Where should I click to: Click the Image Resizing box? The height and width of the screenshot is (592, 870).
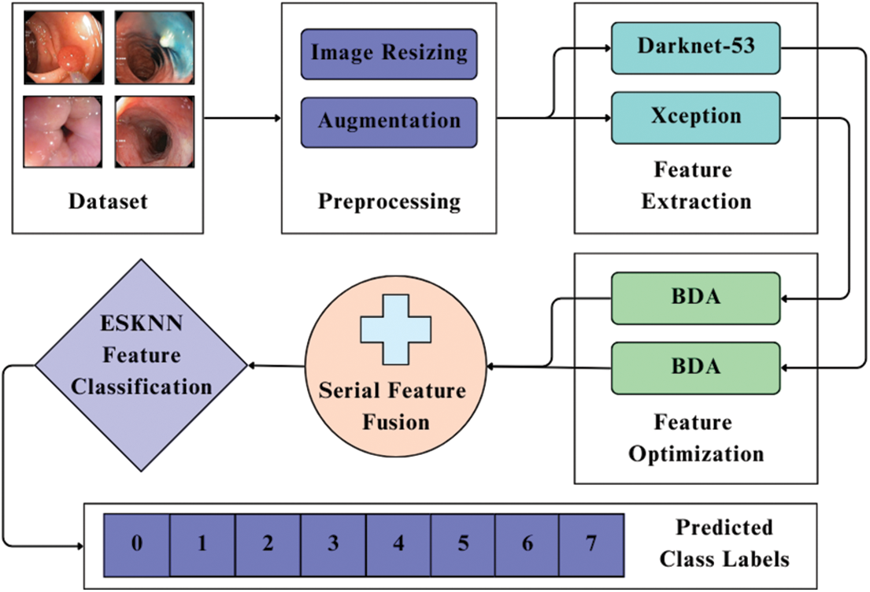click(389, 54)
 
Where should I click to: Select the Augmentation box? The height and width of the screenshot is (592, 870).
click(389, 122)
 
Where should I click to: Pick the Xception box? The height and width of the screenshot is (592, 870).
click(695, 117)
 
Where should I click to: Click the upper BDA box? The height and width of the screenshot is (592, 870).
click(695, 298)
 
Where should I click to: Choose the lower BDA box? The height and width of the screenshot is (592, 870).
click(695, 368)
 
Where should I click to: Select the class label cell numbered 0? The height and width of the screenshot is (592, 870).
click(137, 545)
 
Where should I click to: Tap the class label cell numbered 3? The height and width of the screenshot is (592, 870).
click(332, 545)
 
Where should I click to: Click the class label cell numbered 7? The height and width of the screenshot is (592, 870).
click(591, 545)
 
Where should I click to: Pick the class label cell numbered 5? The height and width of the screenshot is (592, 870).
click(462, 545)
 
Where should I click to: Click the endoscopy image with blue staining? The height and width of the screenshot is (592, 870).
click(154, 47)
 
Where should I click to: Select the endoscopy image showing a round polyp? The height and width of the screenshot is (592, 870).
click(63, 47)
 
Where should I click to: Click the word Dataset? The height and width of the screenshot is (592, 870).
click(108, 202)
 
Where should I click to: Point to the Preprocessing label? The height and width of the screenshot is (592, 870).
click(389, 202)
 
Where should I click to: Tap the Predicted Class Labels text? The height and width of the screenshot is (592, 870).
click(724, 543)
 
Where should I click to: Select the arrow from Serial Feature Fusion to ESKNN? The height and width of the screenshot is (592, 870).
click(277, 366)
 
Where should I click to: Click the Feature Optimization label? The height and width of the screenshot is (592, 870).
click(696, 438)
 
